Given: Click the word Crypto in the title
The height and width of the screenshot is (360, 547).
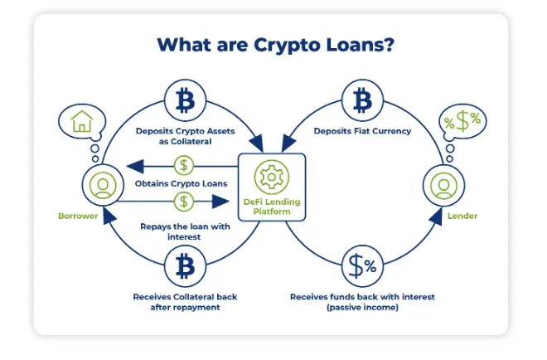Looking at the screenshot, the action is coord(286,46).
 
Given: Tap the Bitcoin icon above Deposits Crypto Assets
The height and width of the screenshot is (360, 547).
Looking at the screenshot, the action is coord(185,100).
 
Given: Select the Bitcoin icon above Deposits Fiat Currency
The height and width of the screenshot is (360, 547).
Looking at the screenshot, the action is coord(362,100).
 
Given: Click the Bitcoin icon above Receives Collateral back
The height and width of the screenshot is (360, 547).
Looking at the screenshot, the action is coord(185,266).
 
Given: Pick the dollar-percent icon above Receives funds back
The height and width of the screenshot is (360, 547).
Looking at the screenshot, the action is coord(362,266).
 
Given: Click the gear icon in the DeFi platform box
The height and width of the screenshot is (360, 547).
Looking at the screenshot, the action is coord(272,177).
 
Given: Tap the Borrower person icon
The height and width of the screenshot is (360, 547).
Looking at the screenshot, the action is coord(103,185).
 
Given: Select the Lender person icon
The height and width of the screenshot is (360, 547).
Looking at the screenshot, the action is coord(443,185).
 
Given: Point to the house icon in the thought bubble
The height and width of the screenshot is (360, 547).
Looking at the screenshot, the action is coord(81,121).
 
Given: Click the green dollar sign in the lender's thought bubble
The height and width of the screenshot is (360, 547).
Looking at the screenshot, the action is coord(462,121).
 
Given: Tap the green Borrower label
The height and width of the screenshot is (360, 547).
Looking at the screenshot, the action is coord(78,216).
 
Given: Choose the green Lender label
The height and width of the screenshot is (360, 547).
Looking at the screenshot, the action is coord(462,216).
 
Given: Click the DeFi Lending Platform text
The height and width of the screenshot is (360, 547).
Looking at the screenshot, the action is coord(272,207).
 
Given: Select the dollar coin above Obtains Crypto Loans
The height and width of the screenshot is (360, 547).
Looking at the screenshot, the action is coord(184,166).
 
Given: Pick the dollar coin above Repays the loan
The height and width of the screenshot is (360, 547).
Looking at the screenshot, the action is coord(184,202).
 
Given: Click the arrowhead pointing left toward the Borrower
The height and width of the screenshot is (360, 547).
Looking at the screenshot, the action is coord(135,166).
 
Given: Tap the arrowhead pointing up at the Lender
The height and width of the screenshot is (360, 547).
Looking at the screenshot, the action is coord(436,216).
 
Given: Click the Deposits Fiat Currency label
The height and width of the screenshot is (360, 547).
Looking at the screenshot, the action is coord(362,131).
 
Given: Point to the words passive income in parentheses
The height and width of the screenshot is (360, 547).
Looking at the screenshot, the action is coord(362,307).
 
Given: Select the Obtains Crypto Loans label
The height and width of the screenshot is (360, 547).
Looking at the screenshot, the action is coord(181,183).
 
